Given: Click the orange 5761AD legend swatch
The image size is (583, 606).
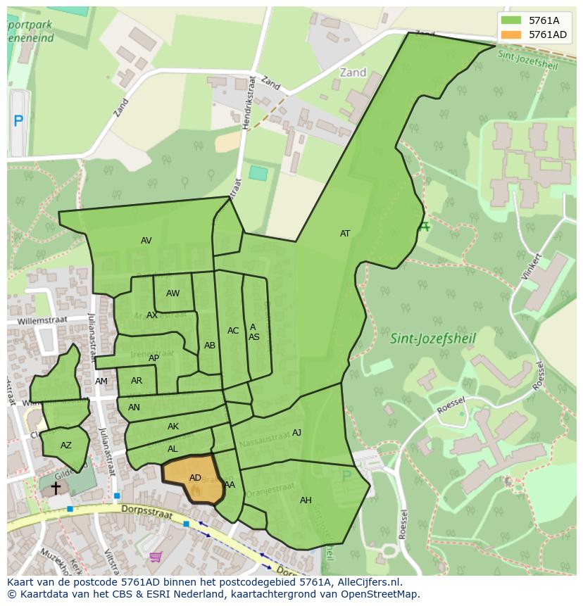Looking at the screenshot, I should click(x=513, y=34).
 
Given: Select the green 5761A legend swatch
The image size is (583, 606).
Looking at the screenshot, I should click(x=513, y=20).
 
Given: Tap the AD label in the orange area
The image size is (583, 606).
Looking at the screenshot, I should click(x=195, y=478).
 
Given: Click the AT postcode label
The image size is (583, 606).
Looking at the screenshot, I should click(x=345, y=234).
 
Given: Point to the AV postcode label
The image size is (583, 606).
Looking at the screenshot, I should click(x=146, y=241).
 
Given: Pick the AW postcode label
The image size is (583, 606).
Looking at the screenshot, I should click(x=173, y=293).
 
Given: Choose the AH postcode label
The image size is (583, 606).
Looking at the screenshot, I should click(x=306, y=500).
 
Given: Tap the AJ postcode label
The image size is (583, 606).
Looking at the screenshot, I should click(x=296, y=433).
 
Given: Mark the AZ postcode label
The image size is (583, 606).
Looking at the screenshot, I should click(x=65, y=446).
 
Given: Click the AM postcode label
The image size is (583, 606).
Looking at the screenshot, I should click(x=101, y=381).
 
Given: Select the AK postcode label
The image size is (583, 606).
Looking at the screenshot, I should click(x=173, y=427).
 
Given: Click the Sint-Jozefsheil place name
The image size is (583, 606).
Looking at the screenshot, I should click(x=433, y=339).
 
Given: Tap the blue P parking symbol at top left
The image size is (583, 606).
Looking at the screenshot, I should click(x=18, y=121).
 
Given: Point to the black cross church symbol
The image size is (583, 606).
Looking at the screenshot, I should click(x=56, y=487).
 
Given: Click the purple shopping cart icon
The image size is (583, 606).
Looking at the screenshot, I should click(x=156, y=557).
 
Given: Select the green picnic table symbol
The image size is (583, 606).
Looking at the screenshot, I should click(x=424, y=227).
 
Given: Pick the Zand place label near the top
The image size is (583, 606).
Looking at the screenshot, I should click(x=353, y=72).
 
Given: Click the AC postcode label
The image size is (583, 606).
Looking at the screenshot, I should click(x=233, y=331).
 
